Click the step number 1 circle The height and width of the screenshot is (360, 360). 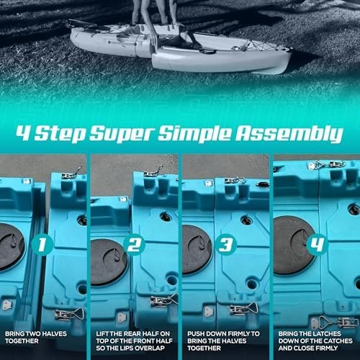pos(42,245)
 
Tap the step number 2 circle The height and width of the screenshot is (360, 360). pos(135,245)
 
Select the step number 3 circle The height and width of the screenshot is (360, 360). pos(226,245)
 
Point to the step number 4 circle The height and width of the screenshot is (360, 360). pos(318,245)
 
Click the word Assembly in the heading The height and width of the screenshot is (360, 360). pos(289,134)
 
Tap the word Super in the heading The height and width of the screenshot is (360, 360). pos(122,135)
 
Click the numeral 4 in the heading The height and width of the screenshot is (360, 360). pos(24,132)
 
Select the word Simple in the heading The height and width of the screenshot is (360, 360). pos(194,134)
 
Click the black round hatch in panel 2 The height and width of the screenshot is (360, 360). pos(109,262)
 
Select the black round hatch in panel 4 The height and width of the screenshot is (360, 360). pos(294,246)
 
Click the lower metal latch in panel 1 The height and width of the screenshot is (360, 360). pos(69,314)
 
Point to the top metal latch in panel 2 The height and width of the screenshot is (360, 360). pos(153,172)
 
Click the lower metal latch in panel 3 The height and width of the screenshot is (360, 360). pos(244,308)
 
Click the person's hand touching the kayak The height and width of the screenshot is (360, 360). pos(153,41)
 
